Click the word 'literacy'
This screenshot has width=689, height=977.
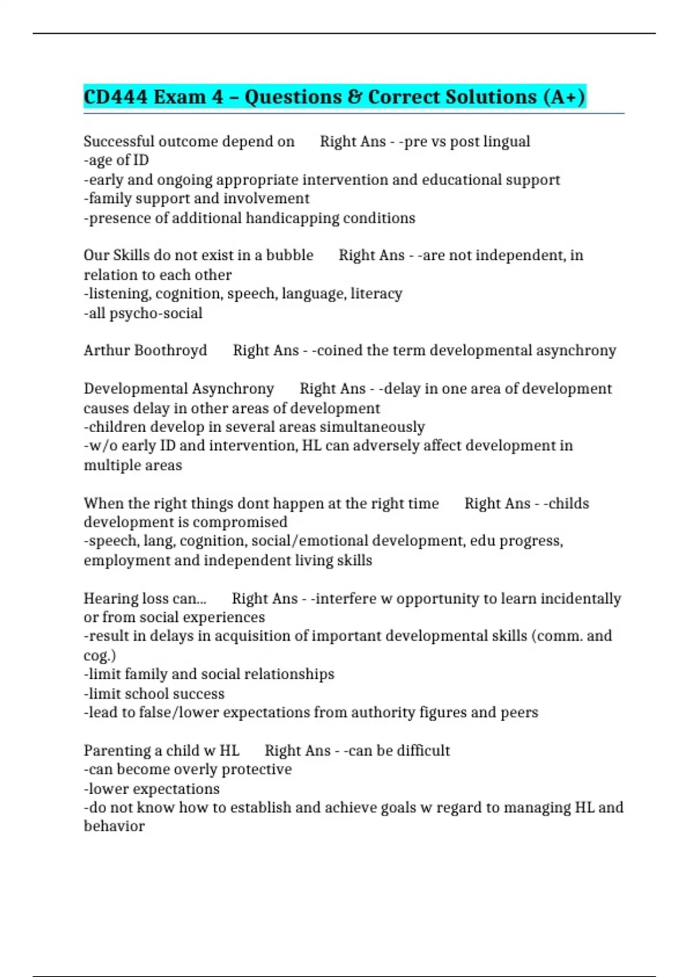376,294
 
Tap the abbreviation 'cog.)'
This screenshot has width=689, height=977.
99,655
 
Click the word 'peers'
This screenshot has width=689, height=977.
519,713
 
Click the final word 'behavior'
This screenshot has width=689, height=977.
114,826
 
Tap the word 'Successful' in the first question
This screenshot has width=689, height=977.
118,141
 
